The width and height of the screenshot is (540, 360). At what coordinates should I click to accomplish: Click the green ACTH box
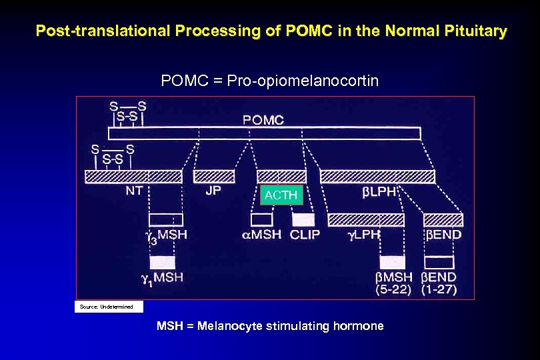[281, 195]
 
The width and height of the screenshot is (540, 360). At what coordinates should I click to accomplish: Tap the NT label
[133, 189]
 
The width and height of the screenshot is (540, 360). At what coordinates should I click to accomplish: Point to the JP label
[215, 189]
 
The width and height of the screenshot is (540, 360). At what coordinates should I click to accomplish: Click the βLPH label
[379, 191]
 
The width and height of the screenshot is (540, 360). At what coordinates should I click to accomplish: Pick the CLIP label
[305, 234]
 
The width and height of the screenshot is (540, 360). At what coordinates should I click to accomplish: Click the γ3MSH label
[167, 235]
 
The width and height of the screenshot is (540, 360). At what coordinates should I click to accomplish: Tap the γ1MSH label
[162, 277]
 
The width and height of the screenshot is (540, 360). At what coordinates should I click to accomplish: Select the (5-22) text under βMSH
[393, 289]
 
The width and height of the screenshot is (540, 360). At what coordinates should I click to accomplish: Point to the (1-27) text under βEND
[440, 289]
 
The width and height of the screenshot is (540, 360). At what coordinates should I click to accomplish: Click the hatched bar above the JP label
[214, 177]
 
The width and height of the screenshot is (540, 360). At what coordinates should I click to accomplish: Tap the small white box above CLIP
[303, 219]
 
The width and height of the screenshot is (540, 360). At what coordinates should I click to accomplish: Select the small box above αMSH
[261, 219]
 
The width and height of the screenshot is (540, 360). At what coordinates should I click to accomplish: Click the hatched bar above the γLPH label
[366, 219]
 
